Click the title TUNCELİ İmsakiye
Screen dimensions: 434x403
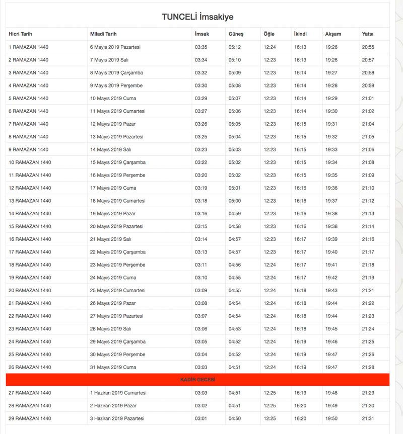(197, 17)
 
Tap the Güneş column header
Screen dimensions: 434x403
(236, 34)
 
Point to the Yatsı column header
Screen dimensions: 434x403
(367, 34)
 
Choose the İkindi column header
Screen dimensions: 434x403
(300, 34)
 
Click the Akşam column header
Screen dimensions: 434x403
(333, 34)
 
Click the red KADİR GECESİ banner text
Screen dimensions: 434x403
(197, 380)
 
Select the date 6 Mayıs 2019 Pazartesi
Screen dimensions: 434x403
(115, 47)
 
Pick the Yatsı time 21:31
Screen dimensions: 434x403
(368, 418)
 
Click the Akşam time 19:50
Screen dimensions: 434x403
(331, 418)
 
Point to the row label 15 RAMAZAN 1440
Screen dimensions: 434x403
(30, 226)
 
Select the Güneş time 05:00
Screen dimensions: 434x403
(235, 201)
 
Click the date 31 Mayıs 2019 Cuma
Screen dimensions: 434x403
(113, 367)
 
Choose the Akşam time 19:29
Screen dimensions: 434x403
(331, 98)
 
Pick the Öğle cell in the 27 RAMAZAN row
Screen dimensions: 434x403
(270, 393)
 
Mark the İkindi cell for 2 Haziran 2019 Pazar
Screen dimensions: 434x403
(300, 405)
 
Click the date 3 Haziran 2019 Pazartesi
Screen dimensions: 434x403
(117, 418)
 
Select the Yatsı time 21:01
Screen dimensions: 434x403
(368, 98)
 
